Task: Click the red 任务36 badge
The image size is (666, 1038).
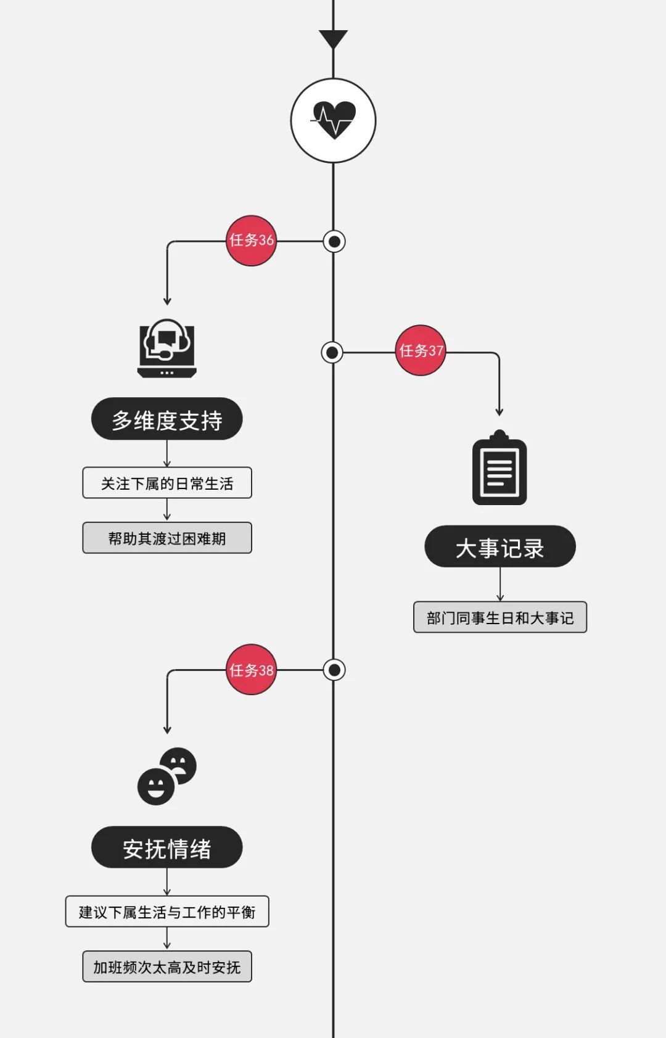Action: (x=251, y=241)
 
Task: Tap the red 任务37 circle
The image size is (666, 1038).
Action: (x=421, y=350)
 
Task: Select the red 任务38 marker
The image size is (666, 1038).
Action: (x=251, y=670)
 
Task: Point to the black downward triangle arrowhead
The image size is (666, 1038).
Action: (x=334, y=39)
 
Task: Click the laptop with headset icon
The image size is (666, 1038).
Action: (x=166, y=348)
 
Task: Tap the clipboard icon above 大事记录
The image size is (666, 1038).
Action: (x=499, y=468)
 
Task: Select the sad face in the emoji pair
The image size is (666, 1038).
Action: (x=178, y=765)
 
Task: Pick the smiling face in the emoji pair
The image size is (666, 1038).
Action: (x=156, y=786)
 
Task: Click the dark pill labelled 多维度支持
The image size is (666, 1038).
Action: (x=166, y=419)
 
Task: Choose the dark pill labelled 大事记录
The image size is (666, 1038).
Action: (x=499, y=547)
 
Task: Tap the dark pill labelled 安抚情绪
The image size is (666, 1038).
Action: (x=166, y=847)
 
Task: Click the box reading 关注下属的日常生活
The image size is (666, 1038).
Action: (x=166, y=483)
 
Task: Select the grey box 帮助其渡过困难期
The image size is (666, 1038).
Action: (x=166, y=538)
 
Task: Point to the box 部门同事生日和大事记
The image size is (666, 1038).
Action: (x=499, y=617)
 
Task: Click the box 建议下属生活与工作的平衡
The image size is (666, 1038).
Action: (x=166, y=912)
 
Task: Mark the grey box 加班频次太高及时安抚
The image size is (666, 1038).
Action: (x=166, y=966)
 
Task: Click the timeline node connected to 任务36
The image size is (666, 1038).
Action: (x=334, y=241)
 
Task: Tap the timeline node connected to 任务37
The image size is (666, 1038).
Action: (x=332, y=353)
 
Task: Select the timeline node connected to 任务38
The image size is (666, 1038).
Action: (x=334, y=670)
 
